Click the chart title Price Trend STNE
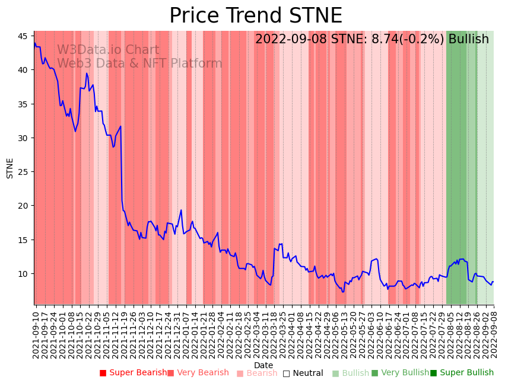click(255, 16)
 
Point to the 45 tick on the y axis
click(23, 36)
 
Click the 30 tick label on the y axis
click(23, 138)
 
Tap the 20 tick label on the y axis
click(23, 206)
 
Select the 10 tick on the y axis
click(23, 274)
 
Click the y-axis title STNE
click(10, 168)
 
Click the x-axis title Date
click(263, 365)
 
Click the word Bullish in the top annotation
click(468, 39)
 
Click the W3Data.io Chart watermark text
click(108, 50)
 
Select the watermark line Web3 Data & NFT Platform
click(139, 63)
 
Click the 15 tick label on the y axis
click(23, 240)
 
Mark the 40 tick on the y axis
click(23, 70)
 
